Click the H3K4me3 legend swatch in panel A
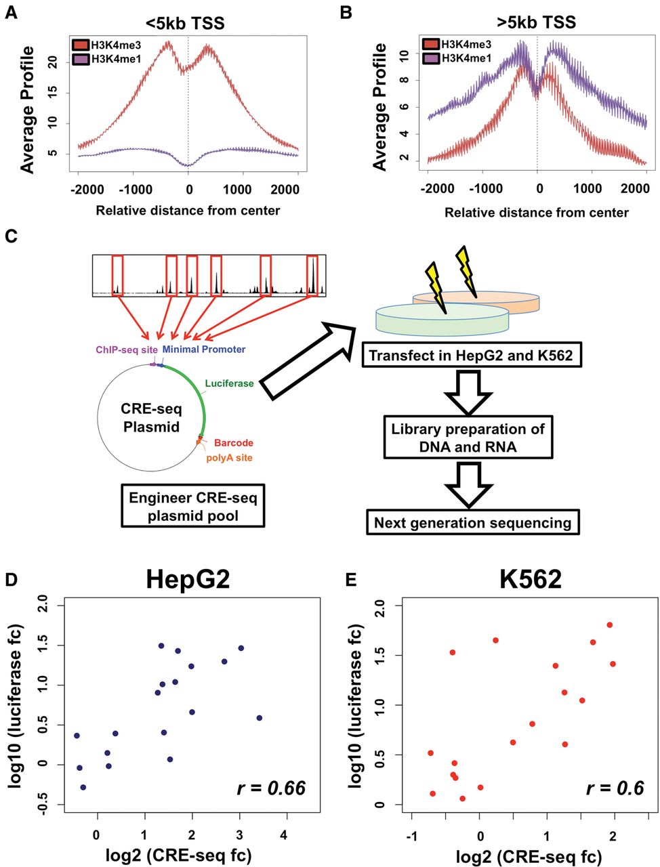pyautogui.click(x=81, y=45)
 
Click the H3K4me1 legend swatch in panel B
pyautogui.click(x=431, y=58)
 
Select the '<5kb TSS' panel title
pyautogui.click(x=185, y=23)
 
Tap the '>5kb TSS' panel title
pyautogui.click(x=536, y=22)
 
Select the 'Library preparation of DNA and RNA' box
pyautogui.click(x=468, y=438)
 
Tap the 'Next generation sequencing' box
pyautogui.click(x=473, y=523)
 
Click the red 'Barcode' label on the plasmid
pyautogui.click(x=233, y=443)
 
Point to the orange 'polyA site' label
pyautogui.click(x=229, y=458)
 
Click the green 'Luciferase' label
pyautogui.click(x=229, y=383)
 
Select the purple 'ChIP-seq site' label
pyautogui.click(x=127, y=350)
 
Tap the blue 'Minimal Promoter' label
pyautogui.click(x=204, y=349)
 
